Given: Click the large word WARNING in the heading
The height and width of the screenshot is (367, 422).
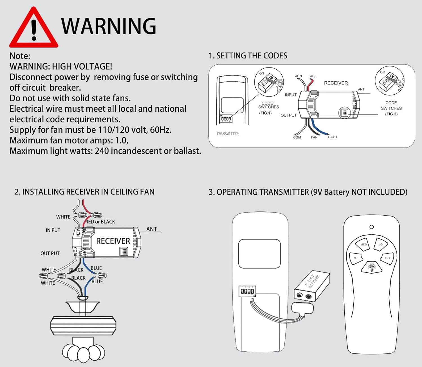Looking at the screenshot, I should click(x=109, y=26).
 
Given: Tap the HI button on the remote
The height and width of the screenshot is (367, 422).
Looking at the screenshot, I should click(x=355, y=258).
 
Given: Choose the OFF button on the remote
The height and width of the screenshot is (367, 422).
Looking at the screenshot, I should click(x=388, y=258).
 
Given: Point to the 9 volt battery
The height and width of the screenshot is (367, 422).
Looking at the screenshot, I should click(x=312, y=286).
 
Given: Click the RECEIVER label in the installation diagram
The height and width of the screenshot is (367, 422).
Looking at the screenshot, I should click(x=113, y=241).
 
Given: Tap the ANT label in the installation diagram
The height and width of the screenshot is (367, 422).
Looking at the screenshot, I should click(x=151, y=229).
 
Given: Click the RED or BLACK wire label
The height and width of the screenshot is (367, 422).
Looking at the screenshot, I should click(x=100, y=222).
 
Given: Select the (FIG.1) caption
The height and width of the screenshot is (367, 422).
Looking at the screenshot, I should click(x=265, y=113).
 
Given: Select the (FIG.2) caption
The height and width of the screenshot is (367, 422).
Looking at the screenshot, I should click(x=391, y=114).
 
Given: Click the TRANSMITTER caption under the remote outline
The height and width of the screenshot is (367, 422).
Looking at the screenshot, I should click(x=228, y=134).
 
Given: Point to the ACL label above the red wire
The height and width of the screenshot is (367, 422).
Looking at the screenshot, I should click(x=313, y=76).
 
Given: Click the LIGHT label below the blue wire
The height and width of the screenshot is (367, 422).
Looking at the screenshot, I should click(x=332, y=137).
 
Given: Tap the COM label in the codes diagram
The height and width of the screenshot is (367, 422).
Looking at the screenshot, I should click(x=297, y=137).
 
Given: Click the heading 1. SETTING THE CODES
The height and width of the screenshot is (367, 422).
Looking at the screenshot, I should click(x=248, y=56).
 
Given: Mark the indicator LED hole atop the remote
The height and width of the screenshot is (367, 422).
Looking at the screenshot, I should click(x=371, y=227).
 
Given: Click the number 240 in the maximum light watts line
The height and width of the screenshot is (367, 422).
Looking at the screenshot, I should click(x=101, y=151).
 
